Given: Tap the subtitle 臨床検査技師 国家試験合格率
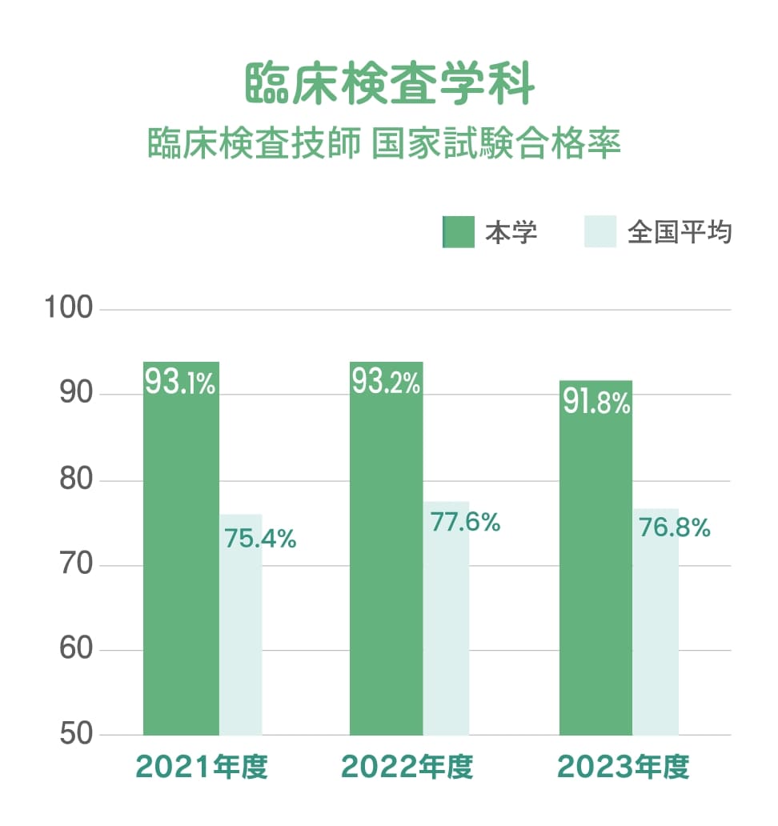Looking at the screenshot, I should [385, 145].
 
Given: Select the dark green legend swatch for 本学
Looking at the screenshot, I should [459, 232].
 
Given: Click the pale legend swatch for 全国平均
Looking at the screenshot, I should [600, 232].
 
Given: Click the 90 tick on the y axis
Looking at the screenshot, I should [74, 395].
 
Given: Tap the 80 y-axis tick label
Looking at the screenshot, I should [74, 481].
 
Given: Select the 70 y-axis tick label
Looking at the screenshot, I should [74, 566].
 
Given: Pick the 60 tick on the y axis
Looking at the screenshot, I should [74, 650].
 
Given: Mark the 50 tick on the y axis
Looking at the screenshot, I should [74, 735].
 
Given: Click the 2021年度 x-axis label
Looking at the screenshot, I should [201, 767].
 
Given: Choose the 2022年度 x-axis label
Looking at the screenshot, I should [407, 767].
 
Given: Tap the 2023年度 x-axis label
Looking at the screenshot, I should [623, 767].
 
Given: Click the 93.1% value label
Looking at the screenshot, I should [181, 383].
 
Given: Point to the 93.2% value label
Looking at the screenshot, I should [387, 383].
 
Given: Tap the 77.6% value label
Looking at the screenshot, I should [465, 523].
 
